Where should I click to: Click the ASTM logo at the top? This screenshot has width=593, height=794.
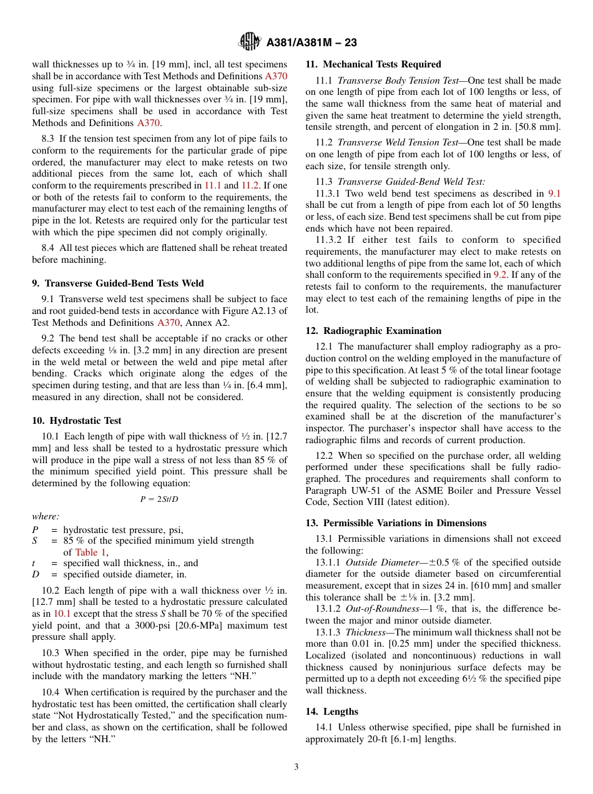(250, 42)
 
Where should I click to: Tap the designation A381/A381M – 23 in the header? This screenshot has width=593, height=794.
(311, 43)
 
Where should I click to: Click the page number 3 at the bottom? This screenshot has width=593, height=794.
(296, 767)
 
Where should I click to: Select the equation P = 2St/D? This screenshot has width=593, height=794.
(159, 499)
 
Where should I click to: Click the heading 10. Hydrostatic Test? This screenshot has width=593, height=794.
(77, 421)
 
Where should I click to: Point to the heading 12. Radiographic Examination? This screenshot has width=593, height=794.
(373, 331)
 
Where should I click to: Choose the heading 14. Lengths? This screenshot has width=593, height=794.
(331, 712)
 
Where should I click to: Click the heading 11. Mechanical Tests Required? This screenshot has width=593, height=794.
(373, 64)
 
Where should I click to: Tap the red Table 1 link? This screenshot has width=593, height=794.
(86, 552)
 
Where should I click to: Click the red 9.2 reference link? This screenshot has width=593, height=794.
(500, 275)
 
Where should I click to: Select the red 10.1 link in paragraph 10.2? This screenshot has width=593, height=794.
(62, 614)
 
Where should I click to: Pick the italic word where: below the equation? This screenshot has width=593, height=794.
(46, 516)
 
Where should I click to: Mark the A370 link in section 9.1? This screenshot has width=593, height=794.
(169, 323)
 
